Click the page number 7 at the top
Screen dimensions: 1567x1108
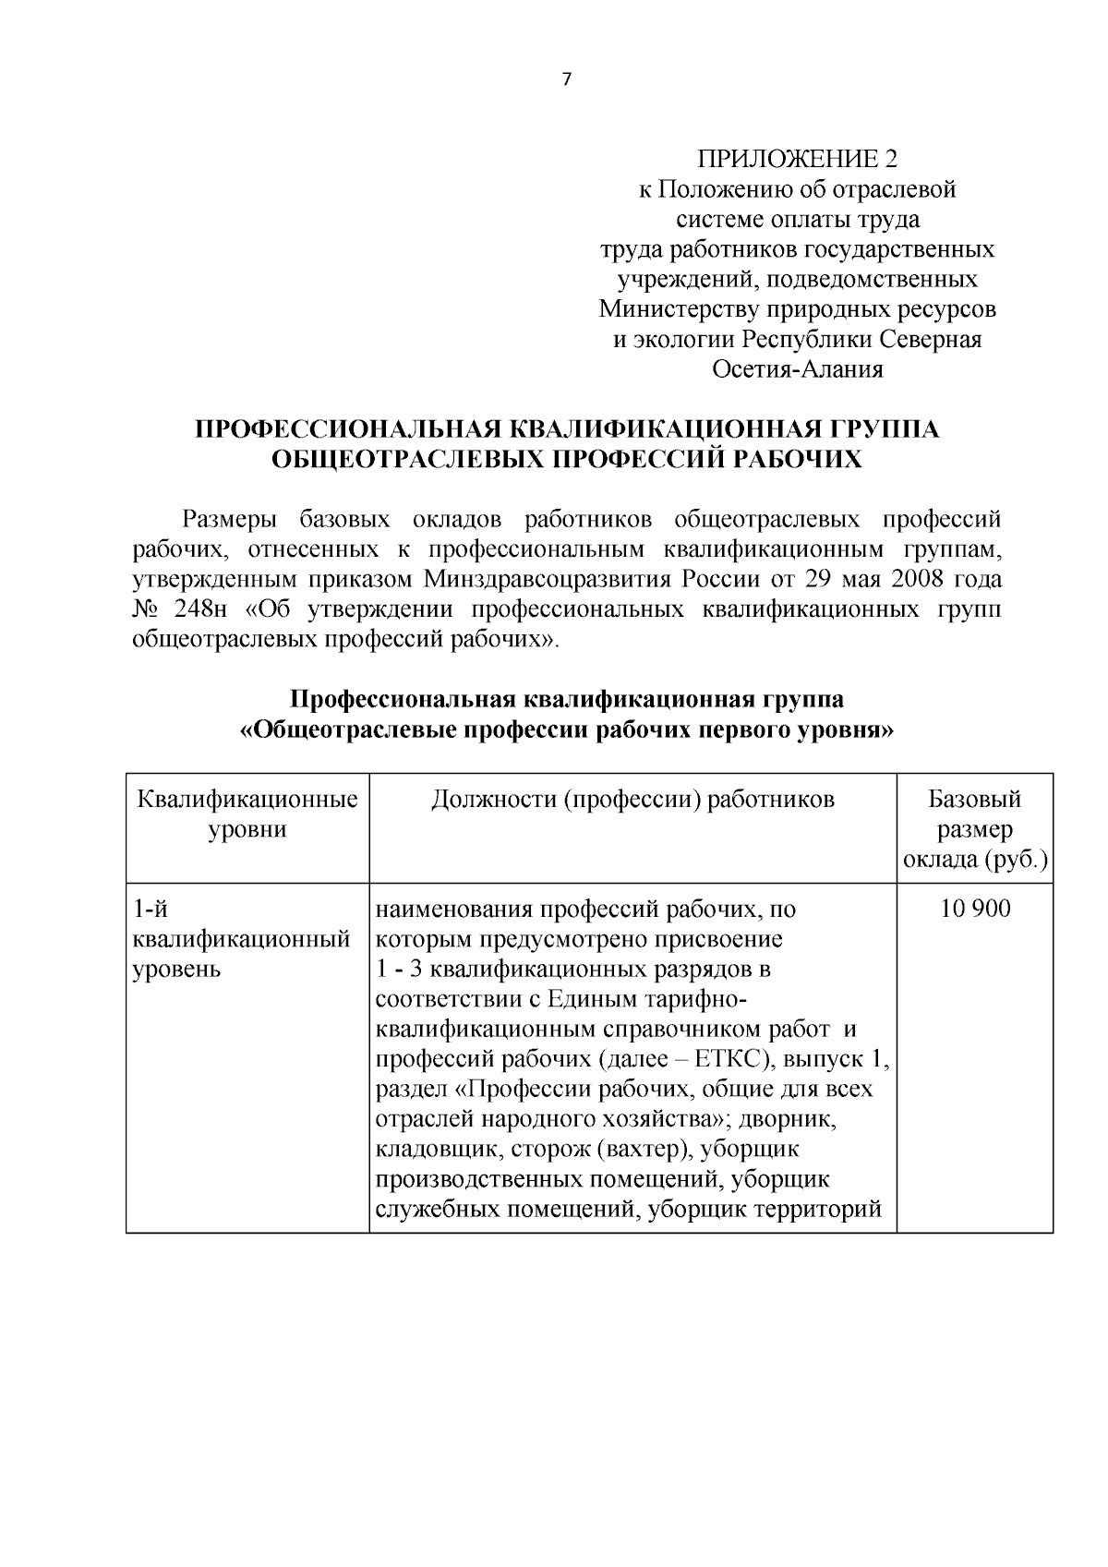tap(567, 80)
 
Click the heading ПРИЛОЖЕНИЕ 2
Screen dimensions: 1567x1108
tap(797, 160)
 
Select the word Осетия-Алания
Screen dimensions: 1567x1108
tap(797, 370)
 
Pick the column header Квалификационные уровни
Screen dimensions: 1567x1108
tap(247, 814)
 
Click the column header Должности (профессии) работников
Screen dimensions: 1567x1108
tap(632, 800)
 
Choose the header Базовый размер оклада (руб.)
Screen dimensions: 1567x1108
tap(975, 829)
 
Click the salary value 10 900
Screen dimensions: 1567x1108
tap(975, 910)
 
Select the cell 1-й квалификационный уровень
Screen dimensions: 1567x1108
tap(242, 940)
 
